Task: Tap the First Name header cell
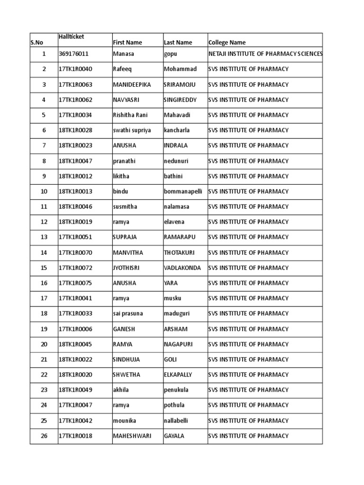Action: click(x=127, y=43)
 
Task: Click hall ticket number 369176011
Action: click(x=73, y=54)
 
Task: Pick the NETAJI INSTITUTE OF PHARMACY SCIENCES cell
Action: click(x=265, y=54)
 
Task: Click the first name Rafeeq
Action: click(x=123, y=69)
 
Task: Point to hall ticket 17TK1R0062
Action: click(x=76, y=100)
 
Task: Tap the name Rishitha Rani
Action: click(x=130, y=115)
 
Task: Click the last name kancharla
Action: click(x=177, y=130)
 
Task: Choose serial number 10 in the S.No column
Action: click(x=44, y=191)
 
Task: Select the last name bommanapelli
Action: click(x=183, y=191)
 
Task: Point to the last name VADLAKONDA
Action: click(x=182, y=268)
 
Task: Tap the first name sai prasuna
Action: click(x=128, y=314)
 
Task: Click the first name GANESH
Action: click(x=125, y=329)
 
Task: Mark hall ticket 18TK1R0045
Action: click(x=76, y=344)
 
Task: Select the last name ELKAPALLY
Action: click(x=178, y=375)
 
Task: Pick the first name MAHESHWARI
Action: click(x=132, y=436)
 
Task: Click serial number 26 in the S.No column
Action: click(x=44, y=436)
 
